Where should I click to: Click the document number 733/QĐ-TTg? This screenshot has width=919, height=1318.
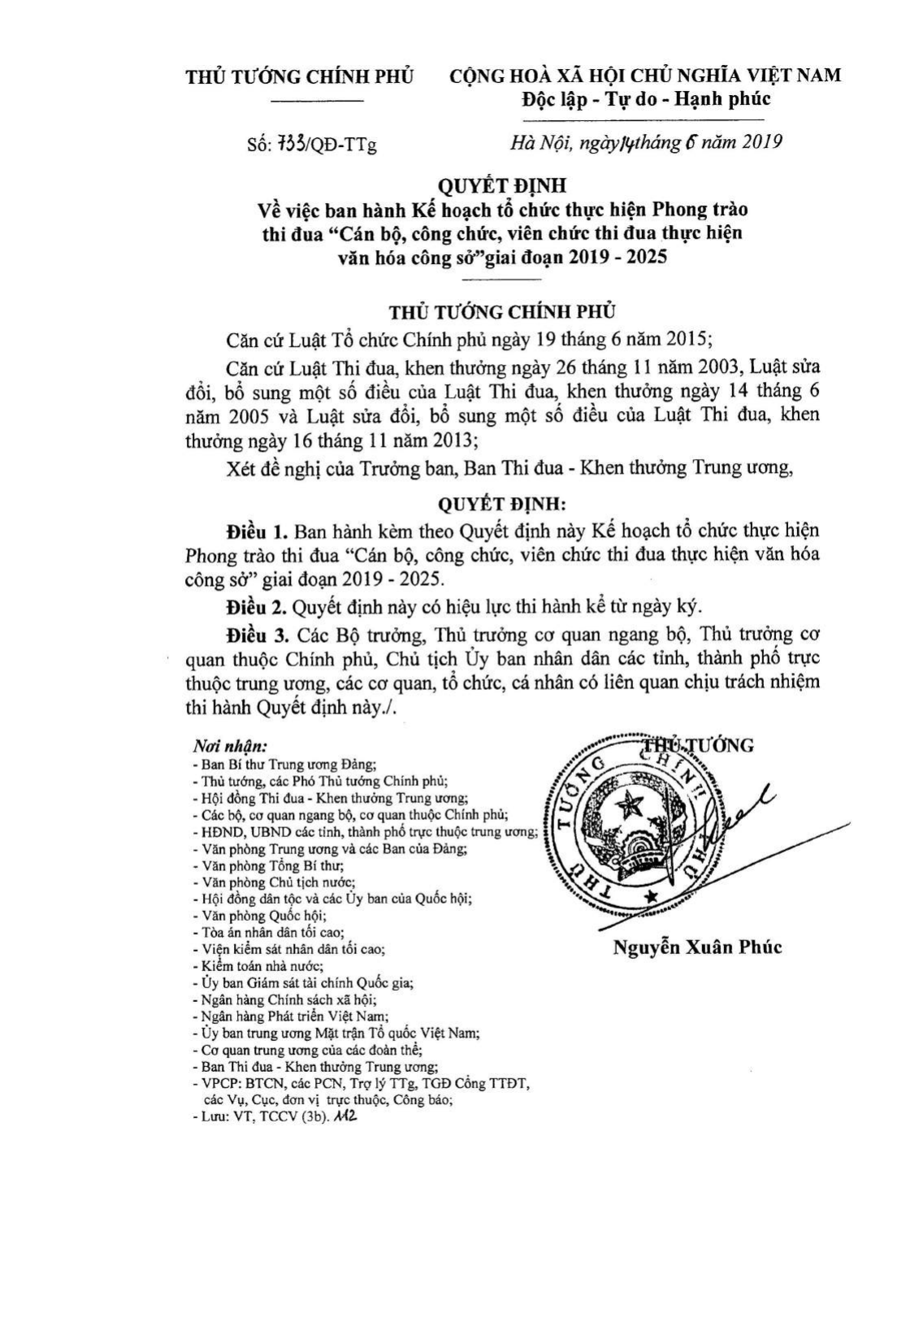tap(311, 145)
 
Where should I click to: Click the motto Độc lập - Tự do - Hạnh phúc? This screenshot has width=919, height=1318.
tap(645, 99)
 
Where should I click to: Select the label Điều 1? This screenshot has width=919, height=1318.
tap(258, 531)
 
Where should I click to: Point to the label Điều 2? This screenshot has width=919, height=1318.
tap(258, 606)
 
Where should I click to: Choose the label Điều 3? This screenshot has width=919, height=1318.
tap(258, 633)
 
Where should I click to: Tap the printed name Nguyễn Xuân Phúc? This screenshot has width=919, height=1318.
tap(697, 947)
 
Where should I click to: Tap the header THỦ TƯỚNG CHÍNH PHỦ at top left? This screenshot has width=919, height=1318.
tap(300, 76)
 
